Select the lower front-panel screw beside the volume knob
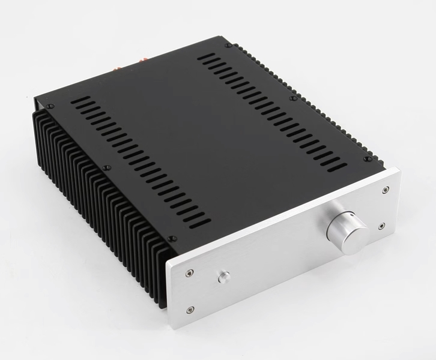coord(383,226)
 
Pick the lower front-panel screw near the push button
coord(190,310)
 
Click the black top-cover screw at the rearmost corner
coord(228,46)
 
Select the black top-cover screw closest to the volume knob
coord(366,159)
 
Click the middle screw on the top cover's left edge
coord(106,167)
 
